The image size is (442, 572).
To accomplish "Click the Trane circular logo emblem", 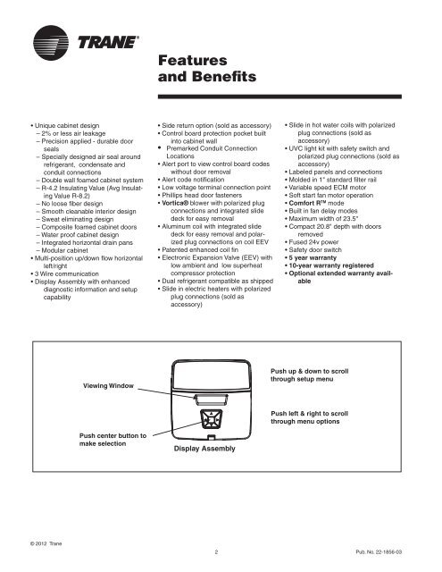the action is coord(42,42).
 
